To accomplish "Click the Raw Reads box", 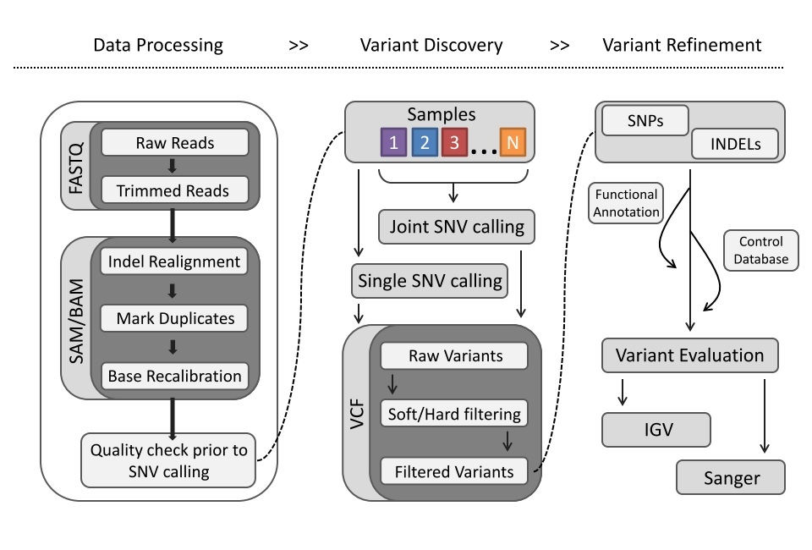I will (175, 143).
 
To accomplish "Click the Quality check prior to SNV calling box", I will (169, 460).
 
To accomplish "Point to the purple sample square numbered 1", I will (392, 142).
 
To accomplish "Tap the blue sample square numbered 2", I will (424, 142).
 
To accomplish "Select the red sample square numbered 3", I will (454, 142).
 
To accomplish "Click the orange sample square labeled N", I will (513, 142).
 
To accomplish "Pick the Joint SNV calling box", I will (457, 227).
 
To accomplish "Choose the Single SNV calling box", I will (429, 280).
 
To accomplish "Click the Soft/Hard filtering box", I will (454, 414).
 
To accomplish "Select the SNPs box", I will (645, 121).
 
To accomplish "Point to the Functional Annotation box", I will (625, 202).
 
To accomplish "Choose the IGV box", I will (656, 429).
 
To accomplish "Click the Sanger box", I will (731, 478).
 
